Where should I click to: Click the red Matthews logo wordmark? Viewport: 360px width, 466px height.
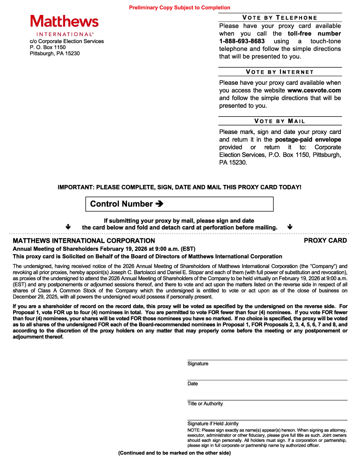click(65, 22)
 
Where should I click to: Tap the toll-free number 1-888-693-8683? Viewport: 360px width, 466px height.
click(242, 41)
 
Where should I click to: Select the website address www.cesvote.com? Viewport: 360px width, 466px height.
click(314, 90)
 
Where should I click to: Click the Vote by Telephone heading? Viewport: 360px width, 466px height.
click(280, 18)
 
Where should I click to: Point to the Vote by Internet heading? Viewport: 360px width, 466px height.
click(280, 72)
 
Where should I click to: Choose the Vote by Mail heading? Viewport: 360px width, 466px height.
click(280, 121)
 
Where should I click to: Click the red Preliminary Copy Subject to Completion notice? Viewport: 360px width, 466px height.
click(180, 7)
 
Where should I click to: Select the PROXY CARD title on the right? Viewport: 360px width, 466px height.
click(325, 241)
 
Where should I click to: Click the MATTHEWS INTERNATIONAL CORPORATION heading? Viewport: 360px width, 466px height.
click(84, 241)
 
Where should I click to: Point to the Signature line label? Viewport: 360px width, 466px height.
click(198, 364)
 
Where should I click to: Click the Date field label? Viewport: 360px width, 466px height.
click(193, 383)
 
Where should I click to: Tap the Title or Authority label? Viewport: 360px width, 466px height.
click(205, 404)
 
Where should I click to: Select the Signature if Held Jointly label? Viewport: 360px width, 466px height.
click(213, 424)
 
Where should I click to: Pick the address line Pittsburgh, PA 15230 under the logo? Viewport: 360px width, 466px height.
click(55, 54)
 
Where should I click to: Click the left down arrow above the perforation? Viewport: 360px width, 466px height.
click(68, 227)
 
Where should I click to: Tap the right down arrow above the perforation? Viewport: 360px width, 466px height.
click(290, 227)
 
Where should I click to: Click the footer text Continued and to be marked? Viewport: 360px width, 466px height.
click(174, 453)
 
